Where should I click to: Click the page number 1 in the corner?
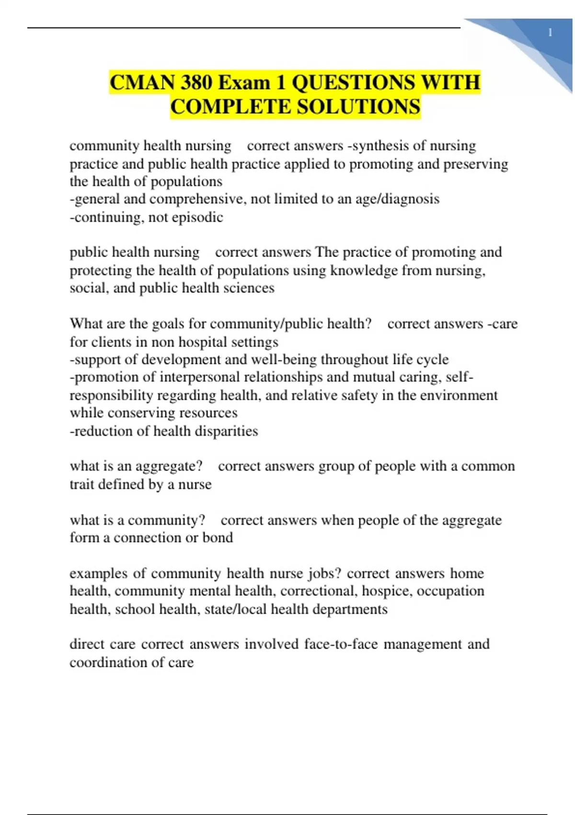click(550, 33)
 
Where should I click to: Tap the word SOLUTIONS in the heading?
click(357, 106)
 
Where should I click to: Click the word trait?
click(81, 484)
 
